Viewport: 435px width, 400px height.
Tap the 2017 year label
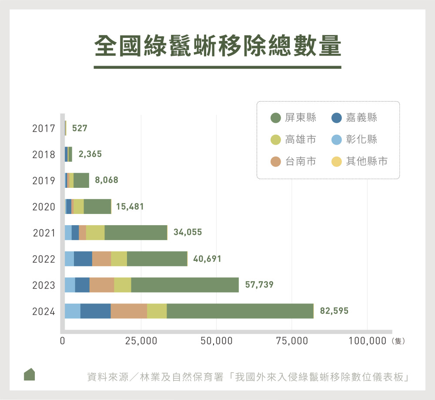[x=43, y=129]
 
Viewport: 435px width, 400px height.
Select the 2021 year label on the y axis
[x=44, y=233]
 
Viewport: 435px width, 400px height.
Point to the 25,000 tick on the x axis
[x=141, y=341]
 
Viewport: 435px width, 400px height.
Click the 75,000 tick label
[x=291, y=341]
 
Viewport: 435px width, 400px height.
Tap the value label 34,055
[x=187, y=233]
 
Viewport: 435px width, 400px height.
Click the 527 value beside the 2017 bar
[x=80, y=129]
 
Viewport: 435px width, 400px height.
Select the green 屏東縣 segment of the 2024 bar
[x=240, y=311]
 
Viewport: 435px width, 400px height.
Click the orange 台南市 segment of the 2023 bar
[x=102, y=285]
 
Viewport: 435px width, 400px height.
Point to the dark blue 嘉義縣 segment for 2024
[x=95, y=311]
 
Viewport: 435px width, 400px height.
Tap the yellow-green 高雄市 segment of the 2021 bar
[x=95, y=233]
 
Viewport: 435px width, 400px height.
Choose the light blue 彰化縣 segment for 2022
[x=69, y=259]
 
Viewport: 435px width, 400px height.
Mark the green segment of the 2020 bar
[x=97, y=207]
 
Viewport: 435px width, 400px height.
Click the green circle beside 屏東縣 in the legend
[x=275, y=118]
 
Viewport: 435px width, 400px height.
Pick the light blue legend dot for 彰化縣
[x=336, y=140]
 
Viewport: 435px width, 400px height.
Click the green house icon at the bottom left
[x=29, y=374]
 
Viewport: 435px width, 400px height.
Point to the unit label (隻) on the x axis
[x=398, y=341]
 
